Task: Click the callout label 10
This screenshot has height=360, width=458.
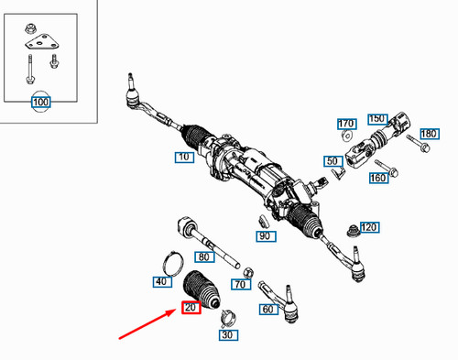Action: pos(183,158)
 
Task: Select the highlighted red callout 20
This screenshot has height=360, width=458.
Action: pos(191,308)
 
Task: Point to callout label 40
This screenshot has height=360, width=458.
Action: pos(162,281)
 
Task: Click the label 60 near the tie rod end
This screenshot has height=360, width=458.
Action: pos(267,311)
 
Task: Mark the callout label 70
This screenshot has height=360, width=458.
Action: pos(241,285)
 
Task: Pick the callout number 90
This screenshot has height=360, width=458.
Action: pos(265,236)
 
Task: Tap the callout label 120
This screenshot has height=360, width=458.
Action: pos(369,227)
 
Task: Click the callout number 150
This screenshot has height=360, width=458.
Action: pos(376,119)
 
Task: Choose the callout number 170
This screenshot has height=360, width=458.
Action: pos(345,124)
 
